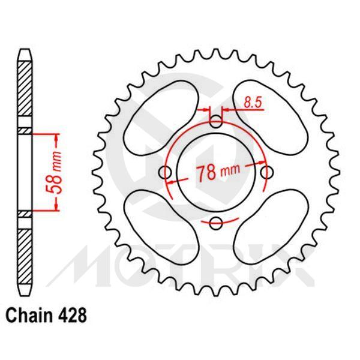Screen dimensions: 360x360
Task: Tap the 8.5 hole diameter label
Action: [251, 103]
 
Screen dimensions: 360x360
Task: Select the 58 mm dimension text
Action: [53, 172]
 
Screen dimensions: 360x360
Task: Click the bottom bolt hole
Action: [216, 223]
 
